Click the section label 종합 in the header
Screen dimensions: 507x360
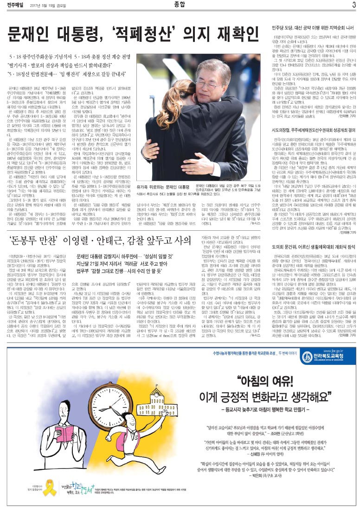[x=180, y=5]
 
